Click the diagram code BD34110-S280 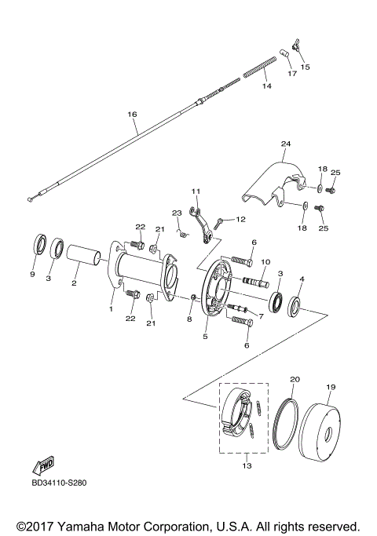point(59,482)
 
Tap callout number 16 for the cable point(132,113)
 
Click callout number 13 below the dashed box point(246,466)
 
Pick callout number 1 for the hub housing point(112,309)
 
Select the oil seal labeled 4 point(298,305)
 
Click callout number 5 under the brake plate point(206,338)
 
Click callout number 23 point(177,213)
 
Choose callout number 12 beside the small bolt point(241,219)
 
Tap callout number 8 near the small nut point(189,319)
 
